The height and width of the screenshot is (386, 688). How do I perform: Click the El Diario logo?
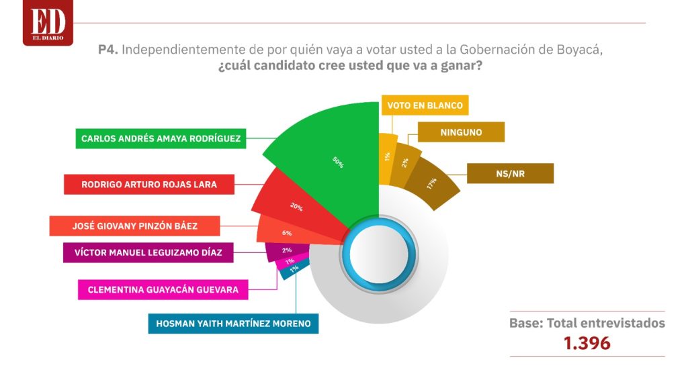48,22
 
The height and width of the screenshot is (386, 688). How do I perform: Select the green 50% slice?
338,162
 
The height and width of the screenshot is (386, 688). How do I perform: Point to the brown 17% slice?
432,183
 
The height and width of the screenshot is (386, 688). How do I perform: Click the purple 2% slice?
288,252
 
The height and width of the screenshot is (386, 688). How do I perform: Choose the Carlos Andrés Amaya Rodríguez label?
161,138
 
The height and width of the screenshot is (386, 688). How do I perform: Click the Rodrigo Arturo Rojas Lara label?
149,184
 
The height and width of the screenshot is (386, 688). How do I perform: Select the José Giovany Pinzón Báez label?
134,226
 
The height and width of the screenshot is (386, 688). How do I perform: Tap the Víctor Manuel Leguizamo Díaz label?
148,252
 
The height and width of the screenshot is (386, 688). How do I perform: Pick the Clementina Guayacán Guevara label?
163,290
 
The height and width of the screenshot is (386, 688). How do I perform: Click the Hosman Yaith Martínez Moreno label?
233,324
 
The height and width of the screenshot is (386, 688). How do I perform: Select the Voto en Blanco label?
425,105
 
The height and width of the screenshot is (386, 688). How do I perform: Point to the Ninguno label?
461,132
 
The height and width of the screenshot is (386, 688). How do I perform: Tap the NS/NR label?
511,174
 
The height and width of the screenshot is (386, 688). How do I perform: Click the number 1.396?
587,343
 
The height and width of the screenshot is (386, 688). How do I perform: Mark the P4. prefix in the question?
108,50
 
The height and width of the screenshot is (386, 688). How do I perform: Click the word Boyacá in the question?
579,50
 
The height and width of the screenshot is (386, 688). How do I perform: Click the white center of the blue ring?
379,254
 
